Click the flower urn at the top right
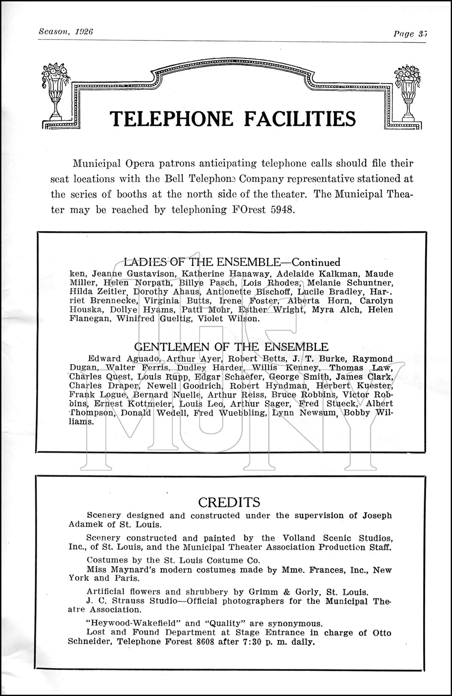click(407, 91)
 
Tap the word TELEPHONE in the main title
click(171, 119)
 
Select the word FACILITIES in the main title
click(300, 119)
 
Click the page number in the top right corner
click(421, 33)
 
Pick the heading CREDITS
click(229, 502)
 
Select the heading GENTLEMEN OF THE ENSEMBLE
click(231, 347)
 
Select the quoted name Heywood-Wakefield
click(134, 623)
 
